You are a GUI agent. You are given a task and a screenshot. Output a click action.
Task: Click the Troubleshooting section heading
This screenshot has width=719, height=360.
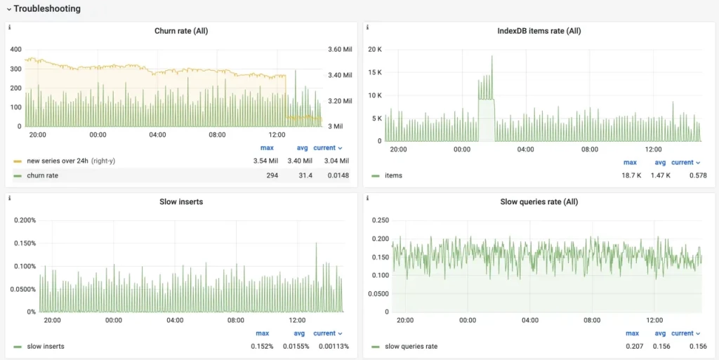tap(47, 9)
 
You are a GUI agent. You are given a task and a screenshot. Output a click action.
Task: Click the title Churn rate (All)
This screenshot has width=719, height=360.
tap(181, 31)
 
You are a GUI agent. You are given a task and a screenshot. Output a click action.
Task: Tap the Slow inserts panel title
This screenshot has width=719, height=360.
tap(181, 202)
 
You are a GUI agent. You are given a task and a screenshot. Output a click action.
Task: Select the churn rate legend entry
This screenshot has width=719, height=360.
tap(42, 175)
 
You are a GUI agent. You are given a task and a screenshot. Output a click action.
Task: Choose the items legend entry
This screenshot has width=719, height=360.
tap(393, 175)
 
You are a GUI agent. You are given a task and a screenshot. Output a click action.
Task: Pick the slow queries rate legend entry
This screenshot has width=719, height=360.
tap(410, 347)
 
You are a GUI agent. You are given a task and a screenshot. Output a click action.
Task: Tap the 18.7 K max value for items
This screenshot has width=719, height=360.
tap(631, 175)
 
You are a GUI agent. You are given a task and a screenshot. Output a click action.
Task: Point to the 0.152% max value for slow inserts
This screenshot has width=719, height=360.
tap(262, 347)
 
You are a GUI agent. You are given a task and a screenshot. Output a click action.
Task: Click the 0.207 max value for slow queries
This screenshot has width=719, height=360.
tap(632, 347)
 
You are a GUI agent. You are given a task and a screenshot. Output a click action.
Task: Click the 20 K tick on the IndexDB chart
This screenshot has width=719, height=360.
tap(374, 49)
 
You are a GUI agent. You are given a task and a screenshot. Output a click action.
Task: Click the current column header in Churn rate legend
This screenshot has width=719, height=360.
tap(327, 148)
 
